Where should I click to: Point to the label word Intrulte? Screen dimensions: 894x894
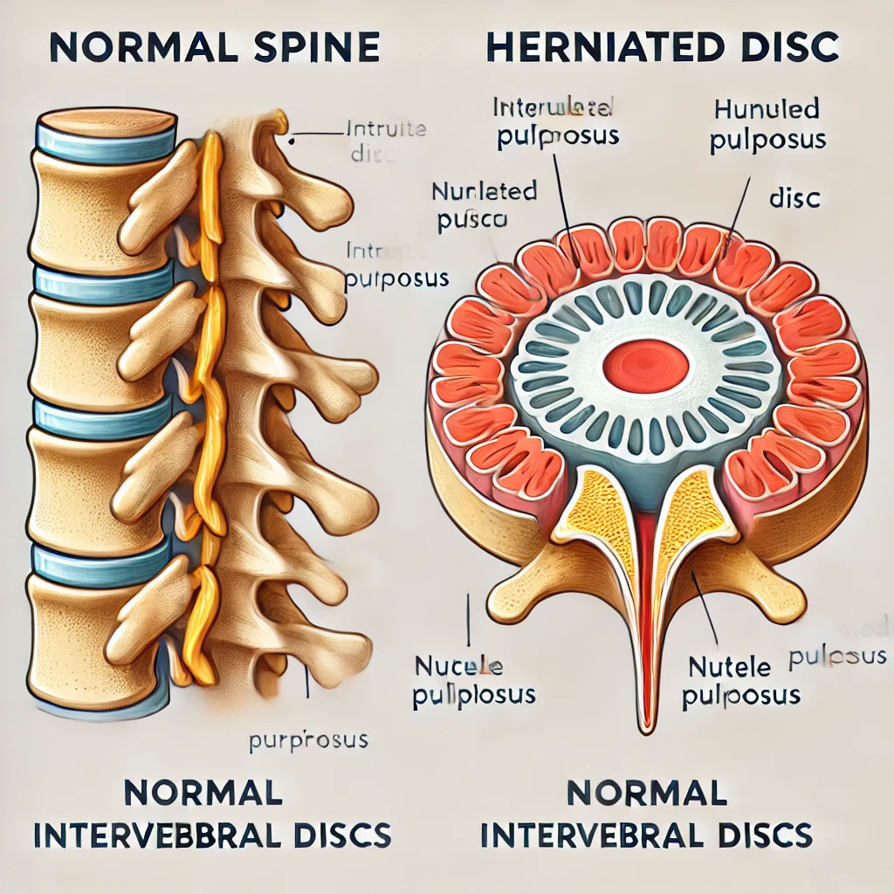pos(385,130)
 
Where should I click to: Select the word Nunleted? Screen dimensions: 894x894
pos(484,192)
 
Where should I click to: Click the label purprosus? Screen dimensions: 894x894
pos(308,742)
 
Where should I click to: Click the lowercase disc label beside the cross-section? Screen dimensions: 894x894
pos(794,199)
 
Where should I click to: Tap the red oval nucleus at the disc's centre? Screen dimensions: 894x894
pos(646,364)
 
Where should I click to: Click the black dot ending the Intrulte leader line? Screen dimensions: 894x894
pos(293,136)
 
